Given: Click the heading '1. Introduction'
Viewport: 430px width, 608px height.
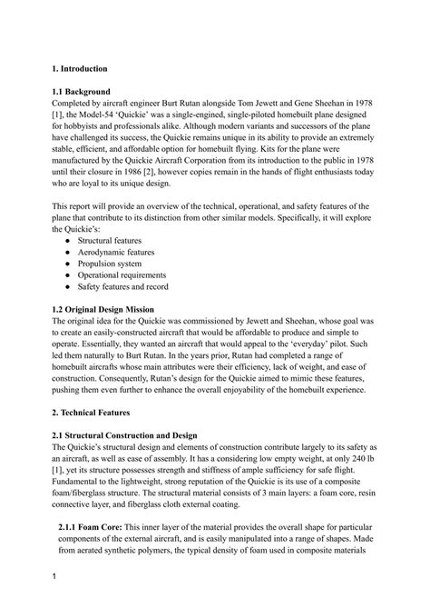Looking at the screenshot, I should [80, 69].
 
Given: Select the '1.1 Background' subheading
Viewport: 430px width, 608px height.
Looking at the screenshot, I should [82, 92].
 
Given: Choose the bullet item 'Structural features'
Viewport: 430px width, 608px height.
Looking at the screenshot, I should [113, 240].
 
